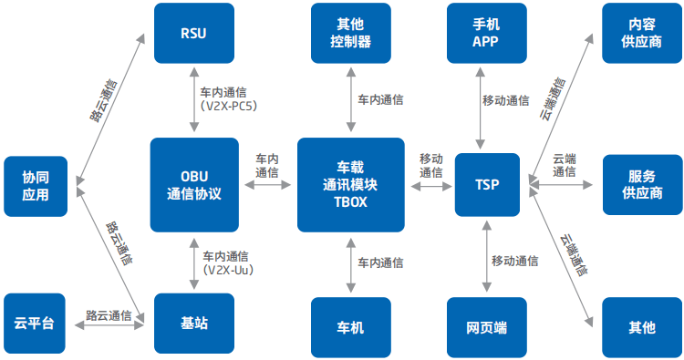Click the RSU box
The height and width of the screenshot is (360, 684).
click(x=192, y=34)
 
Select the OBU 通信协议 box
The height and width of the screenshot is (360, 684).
click(x=192, y=185)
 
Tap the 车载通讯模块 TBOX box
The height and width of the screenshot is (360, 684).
click(x=350, y=185)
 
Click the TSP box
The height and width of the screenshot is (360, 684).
click(x=486, y=185)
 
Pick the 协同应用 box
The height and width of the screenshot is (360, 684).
click(x=36, y=186)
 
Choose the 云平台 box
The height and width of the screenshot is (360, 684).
click(x=36, y=323)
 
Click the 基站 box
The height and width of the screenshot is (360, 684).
click(x=192, y=324)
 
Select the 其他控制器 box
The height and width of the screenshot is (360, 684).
click(x=350, y=34)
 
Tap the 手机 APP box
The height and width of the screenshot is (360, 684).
click(x=486, y=34)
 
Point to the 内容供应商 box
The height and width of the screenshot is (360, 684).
click(x=641, y=34)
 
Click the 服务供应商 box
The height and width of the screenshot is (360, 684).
click(x=641, y=185)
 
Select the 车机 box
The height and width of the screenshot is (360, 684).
click(x=350, y=327)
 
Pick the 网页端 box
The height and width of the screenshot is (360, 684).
click(x=486, y=327)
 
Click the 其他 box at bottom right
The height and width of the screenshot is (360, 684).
click(x=641, y=327)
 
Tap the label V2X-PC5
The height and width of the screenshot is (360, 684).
click(x=227, y=106)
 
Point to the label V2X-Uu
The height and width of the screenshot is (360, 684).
click(x=227, y=271)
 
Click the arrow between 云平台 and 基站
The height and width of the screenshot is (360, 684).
click(x=109, y=324)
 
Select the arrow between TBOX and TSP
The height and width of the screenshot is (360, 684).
click(x=430, y=185)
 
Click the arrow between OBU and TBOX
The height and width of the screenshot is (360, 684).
click(x=266, y=185)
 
